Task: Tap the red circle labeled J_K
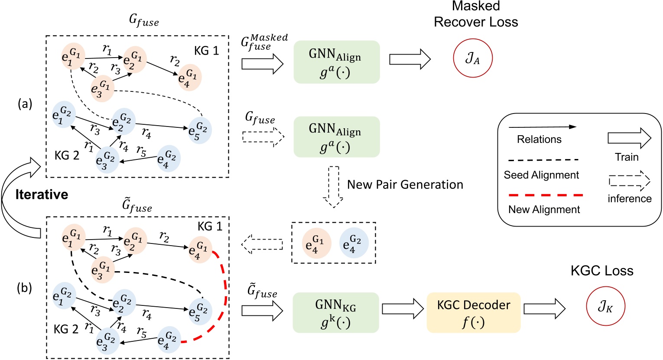coord(605,307)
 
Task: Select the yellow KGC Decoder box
coord(473,311)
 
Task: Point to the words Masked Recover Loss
coord(476,14)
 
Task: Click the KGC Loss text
coord(602,271)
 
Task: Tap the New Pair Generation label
coord(405,185)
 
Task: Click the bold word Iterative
coord(42,195)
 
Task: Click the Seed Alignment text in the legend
coord(541,175)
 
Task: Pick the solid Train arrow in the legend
coord(629,139)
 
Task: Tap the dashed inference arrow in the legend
coord(629,181)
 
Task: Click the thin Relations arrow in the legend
coord(542,127)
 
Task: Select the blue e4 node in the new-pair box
coord(353,243)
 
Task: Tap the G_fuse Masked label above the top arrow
coord(264,42)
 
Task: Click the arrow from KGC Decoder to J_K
coord(544,309)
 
